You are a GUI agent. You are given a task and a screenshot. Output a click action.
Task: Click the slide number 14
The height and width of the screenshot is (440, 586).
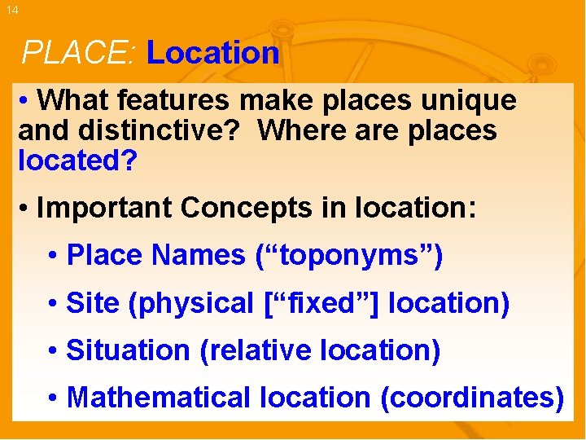coord(11,11)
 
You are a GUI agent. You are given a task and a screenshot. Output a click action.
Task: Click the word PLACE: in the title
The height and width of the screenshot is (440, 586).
coord(80,54)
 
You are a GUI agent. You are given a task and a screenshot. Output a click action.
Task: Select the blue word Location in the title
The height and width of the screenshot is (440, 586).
coord(212,54)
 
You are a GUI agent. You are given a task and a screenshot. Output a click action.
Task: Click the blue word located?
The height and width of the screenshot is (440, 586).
coord(77,160)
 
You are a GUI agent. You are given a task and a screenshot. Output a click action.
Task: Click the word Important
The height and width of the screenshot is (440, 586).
coord(105,208)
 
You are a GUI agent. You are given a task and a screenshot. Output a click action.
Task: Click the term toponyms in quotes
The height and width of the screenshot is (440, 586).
coord(349,256)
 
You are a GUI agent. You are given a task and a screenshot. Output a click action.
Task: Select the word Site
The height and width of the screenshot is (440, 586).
coord(93,303)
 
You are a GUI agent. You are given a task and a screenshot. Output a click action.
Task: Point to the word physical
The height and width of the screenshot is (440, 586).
coord(191,304)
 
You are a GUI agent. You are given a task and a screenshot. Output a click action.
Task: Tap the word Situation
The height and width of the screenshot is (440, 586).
coord(128,351)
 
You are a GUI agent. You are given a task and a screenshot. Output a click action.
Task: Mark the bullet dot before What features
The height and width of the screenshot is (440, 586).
coord(26,101)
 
